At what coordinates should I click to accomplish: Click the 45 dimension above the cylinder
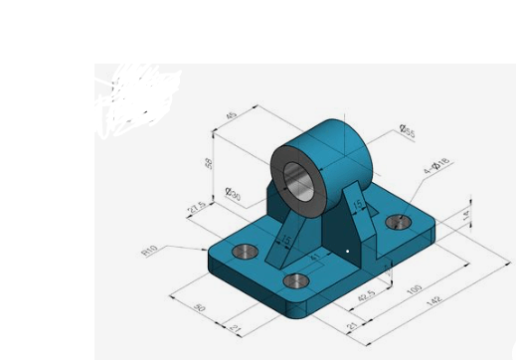232,115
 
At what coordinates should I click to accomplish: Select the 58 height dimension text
210,162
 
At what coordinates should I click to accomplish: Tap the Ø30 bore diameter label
234,195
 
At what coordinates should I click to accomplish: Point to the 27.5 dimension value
197,208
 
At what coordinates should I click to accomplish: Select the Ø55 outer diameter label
407,130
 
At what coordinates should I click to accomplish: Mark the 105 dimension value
416,289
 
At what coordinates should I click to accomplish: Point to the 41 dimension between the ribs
315,257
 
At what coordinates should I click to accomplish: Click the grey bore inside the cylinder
298,179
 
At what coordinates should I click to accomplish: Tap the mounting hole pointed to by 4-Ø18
399,221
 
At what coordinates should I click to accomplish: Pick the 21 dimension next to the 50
235,327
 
